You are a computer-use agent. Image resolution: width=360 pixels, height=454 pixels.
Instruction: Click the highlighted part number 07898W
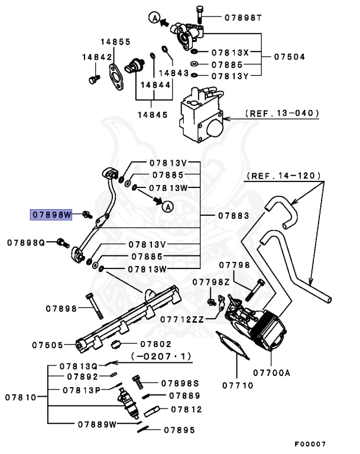(x=51, y=214)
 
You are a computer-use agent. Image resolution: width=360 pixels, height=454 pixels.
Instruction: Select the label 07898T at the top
(x=242, y=17)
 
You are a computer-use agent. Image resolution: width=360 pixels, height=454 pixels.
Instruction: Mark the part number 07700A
(x=272, y=372)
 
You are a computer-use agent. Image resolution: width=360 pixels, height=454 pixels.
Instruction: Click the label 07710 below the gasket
(x=238, y=385)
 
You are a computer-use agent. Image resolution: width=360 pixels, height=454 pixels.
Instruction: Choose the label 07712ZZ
(x=184, y=319)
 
